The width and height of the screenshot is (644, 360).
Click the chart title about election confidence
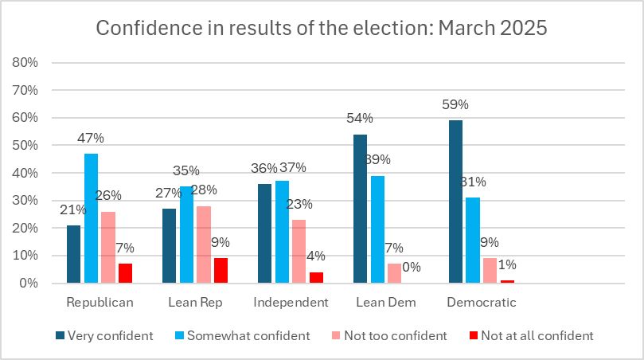322,29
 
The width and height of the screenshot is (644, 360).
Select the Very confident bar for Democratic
455,202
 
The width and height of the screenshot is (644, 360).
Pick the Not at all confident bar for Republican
125,273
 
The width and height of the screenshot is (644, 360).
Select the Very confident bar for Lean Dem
360,209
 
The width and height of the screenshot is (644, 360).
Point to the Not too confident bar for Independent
299,251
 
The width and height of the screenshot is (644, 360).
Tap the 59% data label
455,104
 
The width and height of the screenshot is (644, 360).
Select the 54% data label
360,118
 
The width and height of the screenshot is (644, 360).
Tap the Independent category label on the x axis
291,303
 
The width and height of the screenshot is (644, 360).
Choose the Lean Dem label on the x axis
385,303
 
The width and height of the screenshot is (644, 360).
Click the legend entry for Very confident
105,335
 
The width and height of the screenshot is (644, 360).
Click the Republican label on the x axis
100,303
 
